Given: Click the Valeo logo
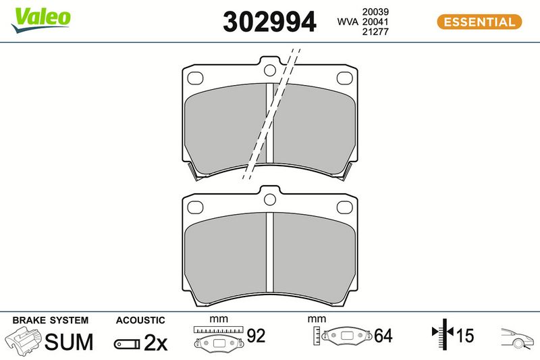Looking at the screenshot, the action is (40, 20).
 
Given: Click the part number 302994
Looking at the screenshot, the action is (269, 22).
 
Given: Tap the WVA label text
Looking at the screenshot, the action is (348, 22).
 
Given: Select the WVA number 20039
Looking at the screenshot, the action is (375, 11).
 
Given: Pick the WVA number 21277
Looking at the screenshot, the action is (375, 32).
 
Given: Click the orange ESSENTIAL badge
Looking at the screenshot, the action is (479, 22).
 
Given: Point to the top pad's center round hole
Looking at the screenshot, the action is (269, 70).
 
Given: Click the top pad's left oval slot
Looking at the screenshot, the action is (195, 78).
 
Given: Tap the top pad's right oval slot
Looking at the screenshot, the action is (344, 78).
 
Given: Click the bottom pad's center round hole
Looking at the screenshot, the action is (269, 199).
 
